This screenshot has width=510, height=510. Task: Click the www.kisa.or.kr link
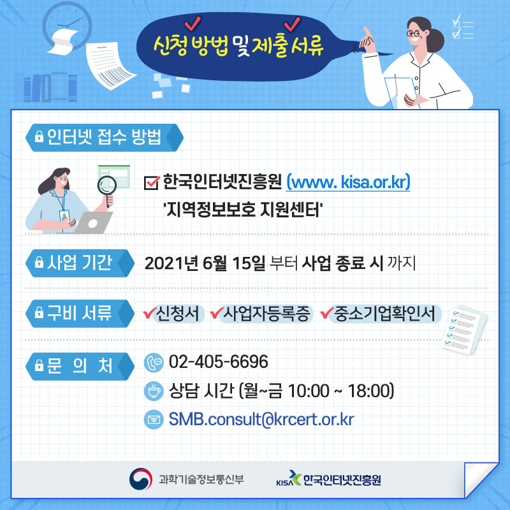347,182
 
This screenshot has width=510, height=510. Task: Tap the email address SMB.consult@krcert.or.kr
261,419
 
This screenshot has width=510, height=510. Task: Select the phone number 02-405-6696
219,361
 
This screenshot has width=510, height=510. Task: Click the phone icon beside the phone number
154,362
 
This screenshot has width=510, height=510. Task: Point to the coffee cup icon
154,391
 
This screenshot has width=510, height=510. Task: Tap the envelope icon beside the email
154,419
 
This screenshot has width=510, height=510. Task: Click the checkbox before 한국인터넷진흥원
152,182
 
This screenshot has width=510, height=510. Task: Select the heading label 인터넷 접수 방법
104,137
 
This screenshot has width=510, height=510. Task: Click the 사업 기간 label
80,263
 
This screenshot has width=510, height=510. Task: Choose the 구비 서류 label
80,313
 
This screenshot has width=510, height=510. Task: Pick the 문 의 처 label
80,366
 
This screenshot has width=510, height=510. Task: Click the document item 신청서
178,314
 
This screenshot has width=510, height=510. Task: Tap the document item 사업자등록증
266,314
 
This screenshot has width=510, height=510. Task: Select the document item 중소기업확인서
384,314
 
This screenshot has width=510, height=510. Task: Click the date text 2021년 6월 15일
205,263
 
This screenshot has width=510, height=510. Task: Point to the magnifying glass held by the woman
107,189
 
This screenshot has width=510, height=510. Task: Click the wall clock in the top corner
67,25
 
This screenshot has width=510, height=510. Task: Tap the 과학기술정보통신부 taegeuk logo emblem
140,479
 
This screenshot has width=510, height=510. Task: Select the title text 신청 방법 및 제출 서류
238,45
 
